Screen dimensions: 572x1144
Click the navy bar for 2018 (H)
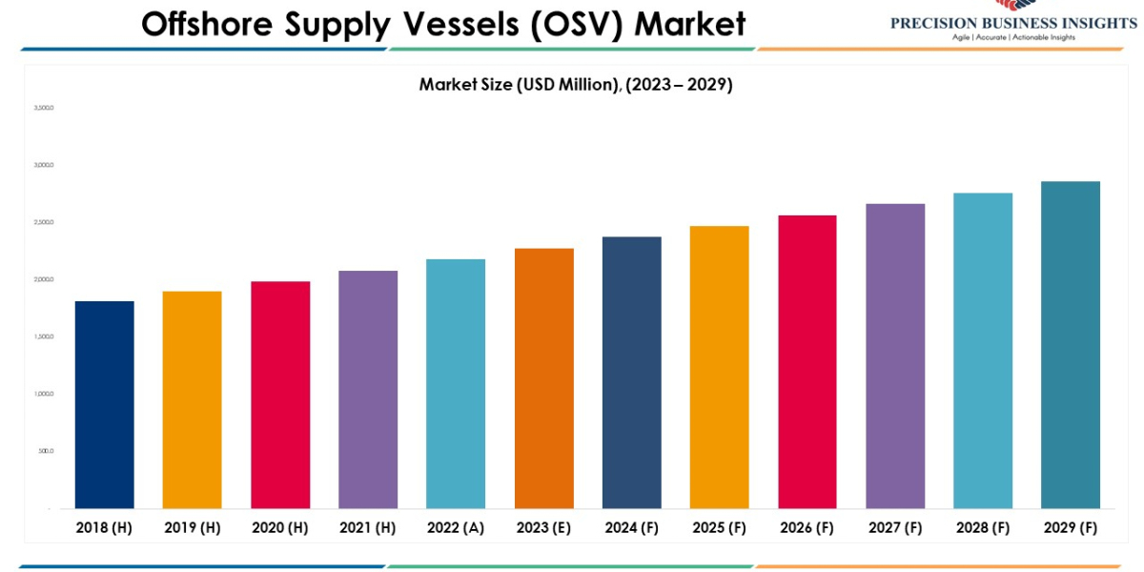click(104, 404)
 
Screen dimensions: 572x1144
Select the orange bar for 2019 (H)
click(192, 399)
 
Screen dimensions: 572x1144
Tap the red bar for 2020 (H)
click(280, 395)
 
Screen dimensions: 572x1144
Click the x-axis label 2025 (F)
click(720, 527)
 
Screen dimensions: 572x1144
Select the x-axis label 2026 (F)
click(807, 527)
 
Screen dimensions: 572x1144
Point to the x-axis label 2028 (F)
click(983, 527)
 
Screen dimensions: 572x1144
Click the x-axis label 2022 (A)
click(456, 527)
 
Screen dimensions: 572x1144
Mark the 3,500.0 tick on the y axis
click(44, 108)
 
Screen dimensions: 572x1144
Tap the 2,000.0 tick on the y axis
click(44, 279)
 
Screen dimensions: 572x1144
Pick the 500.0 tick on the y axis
click(46, 451)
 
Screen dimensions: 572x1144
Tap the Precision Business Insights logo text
click(1013, 24)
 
